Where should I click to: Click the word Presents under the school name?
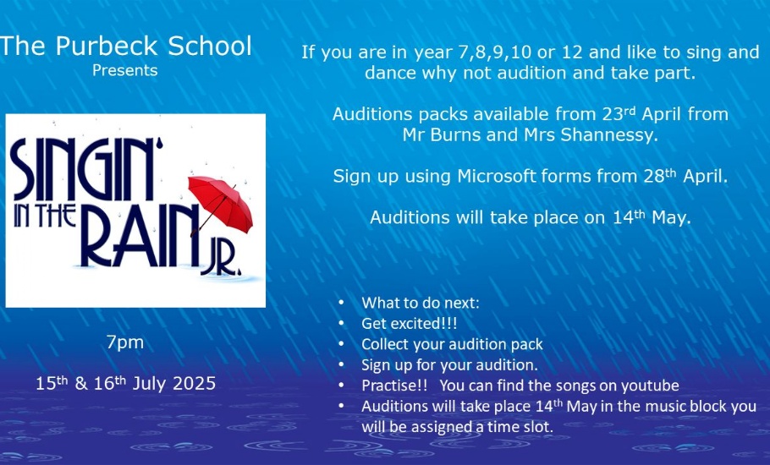click(124, 71)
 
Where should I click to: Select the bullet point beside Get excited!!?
click(342, 324)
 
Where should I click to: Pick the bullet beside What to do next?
click(342, 303)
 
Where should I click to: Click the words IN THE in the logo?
click(45, 216)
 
